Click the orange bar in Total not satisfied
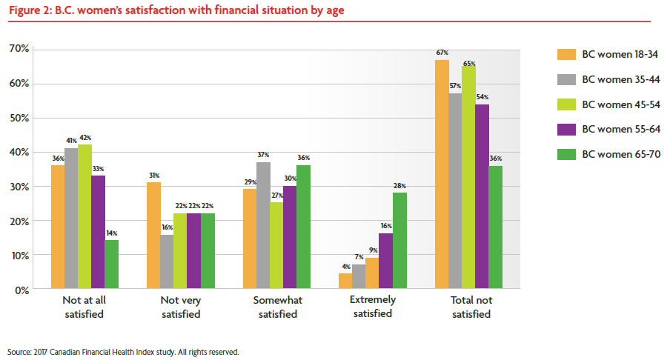click(x=442, y=174)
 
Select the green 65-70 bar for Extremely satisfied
click(x=399, y=241)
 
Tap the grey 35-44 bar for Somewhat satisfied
click(x=263, y=225)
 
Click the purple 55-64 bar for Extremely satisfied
click(x=385, y=261)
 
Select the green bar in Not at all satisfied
click(x=111, y=264)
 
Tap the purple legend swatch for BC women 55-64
click(x=566, y=130)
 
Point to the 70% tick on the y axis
click(x=19, y=49)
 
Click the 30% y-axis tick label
click(x=19, y=187)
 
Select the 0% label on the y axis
click(x=21, y=290)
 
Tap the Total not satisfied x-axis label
click(x=471, y=307)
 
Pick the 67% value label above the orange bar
click(x=442, y=53)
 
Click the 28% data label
click(x=399, y=186)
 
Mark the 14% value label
click(x=111, y=233)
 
